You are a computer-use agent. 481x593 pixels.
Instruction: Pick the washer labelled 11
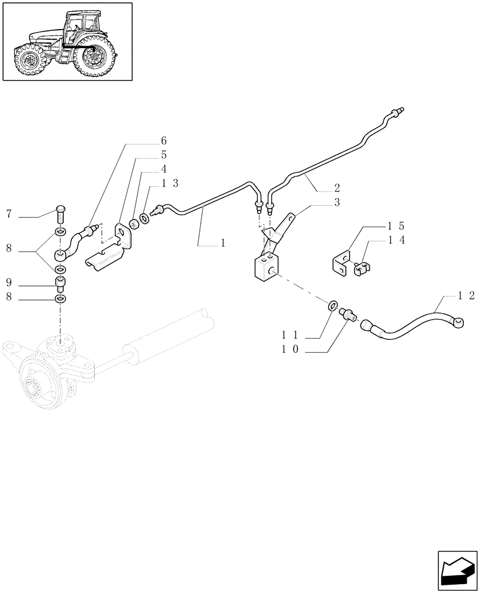[x=333, y=307]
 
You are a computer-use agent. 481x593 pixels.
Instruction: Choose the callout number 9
[x=9, y=282]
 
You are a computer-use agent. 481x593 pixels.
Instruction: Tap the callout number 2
[x=336, y=188]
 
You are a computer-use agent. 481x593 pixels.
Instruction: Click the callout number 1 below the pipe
[x=223, y=242]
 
